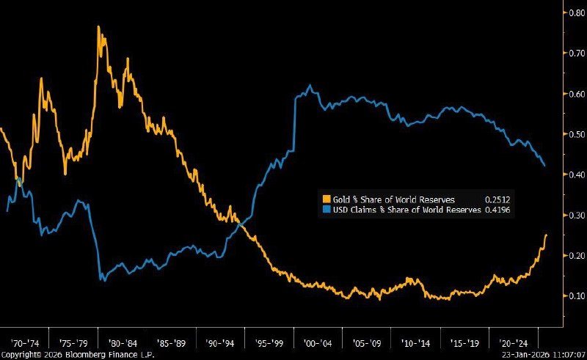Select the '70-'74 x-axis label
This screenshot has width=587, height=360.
tap(24, 342)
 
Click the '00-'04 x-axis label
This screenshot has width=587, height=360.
tap(318, 342)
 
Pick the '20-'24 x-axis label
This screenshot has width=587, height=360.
tap(514, 342)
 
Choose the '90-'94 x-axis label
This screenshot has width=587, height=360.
tap(220, 342)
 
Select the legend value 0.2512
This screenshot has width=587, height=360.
tap(497, 199)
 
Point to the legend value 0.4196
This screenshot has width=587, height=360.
tap(497, 210)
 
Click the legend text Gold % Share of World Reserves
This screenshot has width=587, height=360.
tap(393, 199)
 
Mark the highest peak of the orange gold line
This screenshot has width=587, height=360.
tap(98, 28)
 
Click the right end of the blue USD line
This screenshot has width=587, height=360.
tap(544, 166)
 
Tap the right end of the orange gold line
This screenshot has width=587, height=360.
tap(547, 235)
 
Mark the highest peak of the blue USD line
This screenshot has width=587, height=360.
tap(310, 86)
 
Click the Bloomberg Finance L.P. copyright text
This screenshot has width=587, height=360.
tap(65, 354)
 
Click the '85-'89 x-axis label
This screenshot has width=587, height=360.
tap(171, 342)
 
